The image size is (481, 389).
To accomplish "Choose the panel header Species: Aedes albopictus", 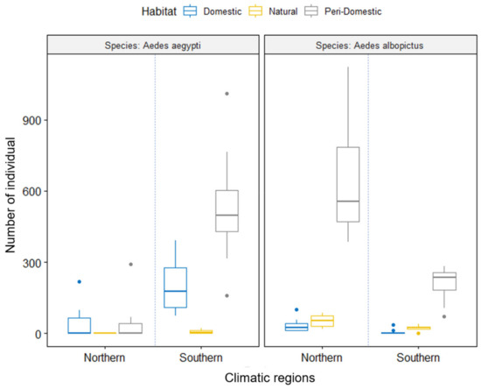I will coord(367,46).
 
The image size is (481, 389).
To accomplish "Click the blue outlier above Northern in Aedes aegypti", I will coord(80,282).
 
